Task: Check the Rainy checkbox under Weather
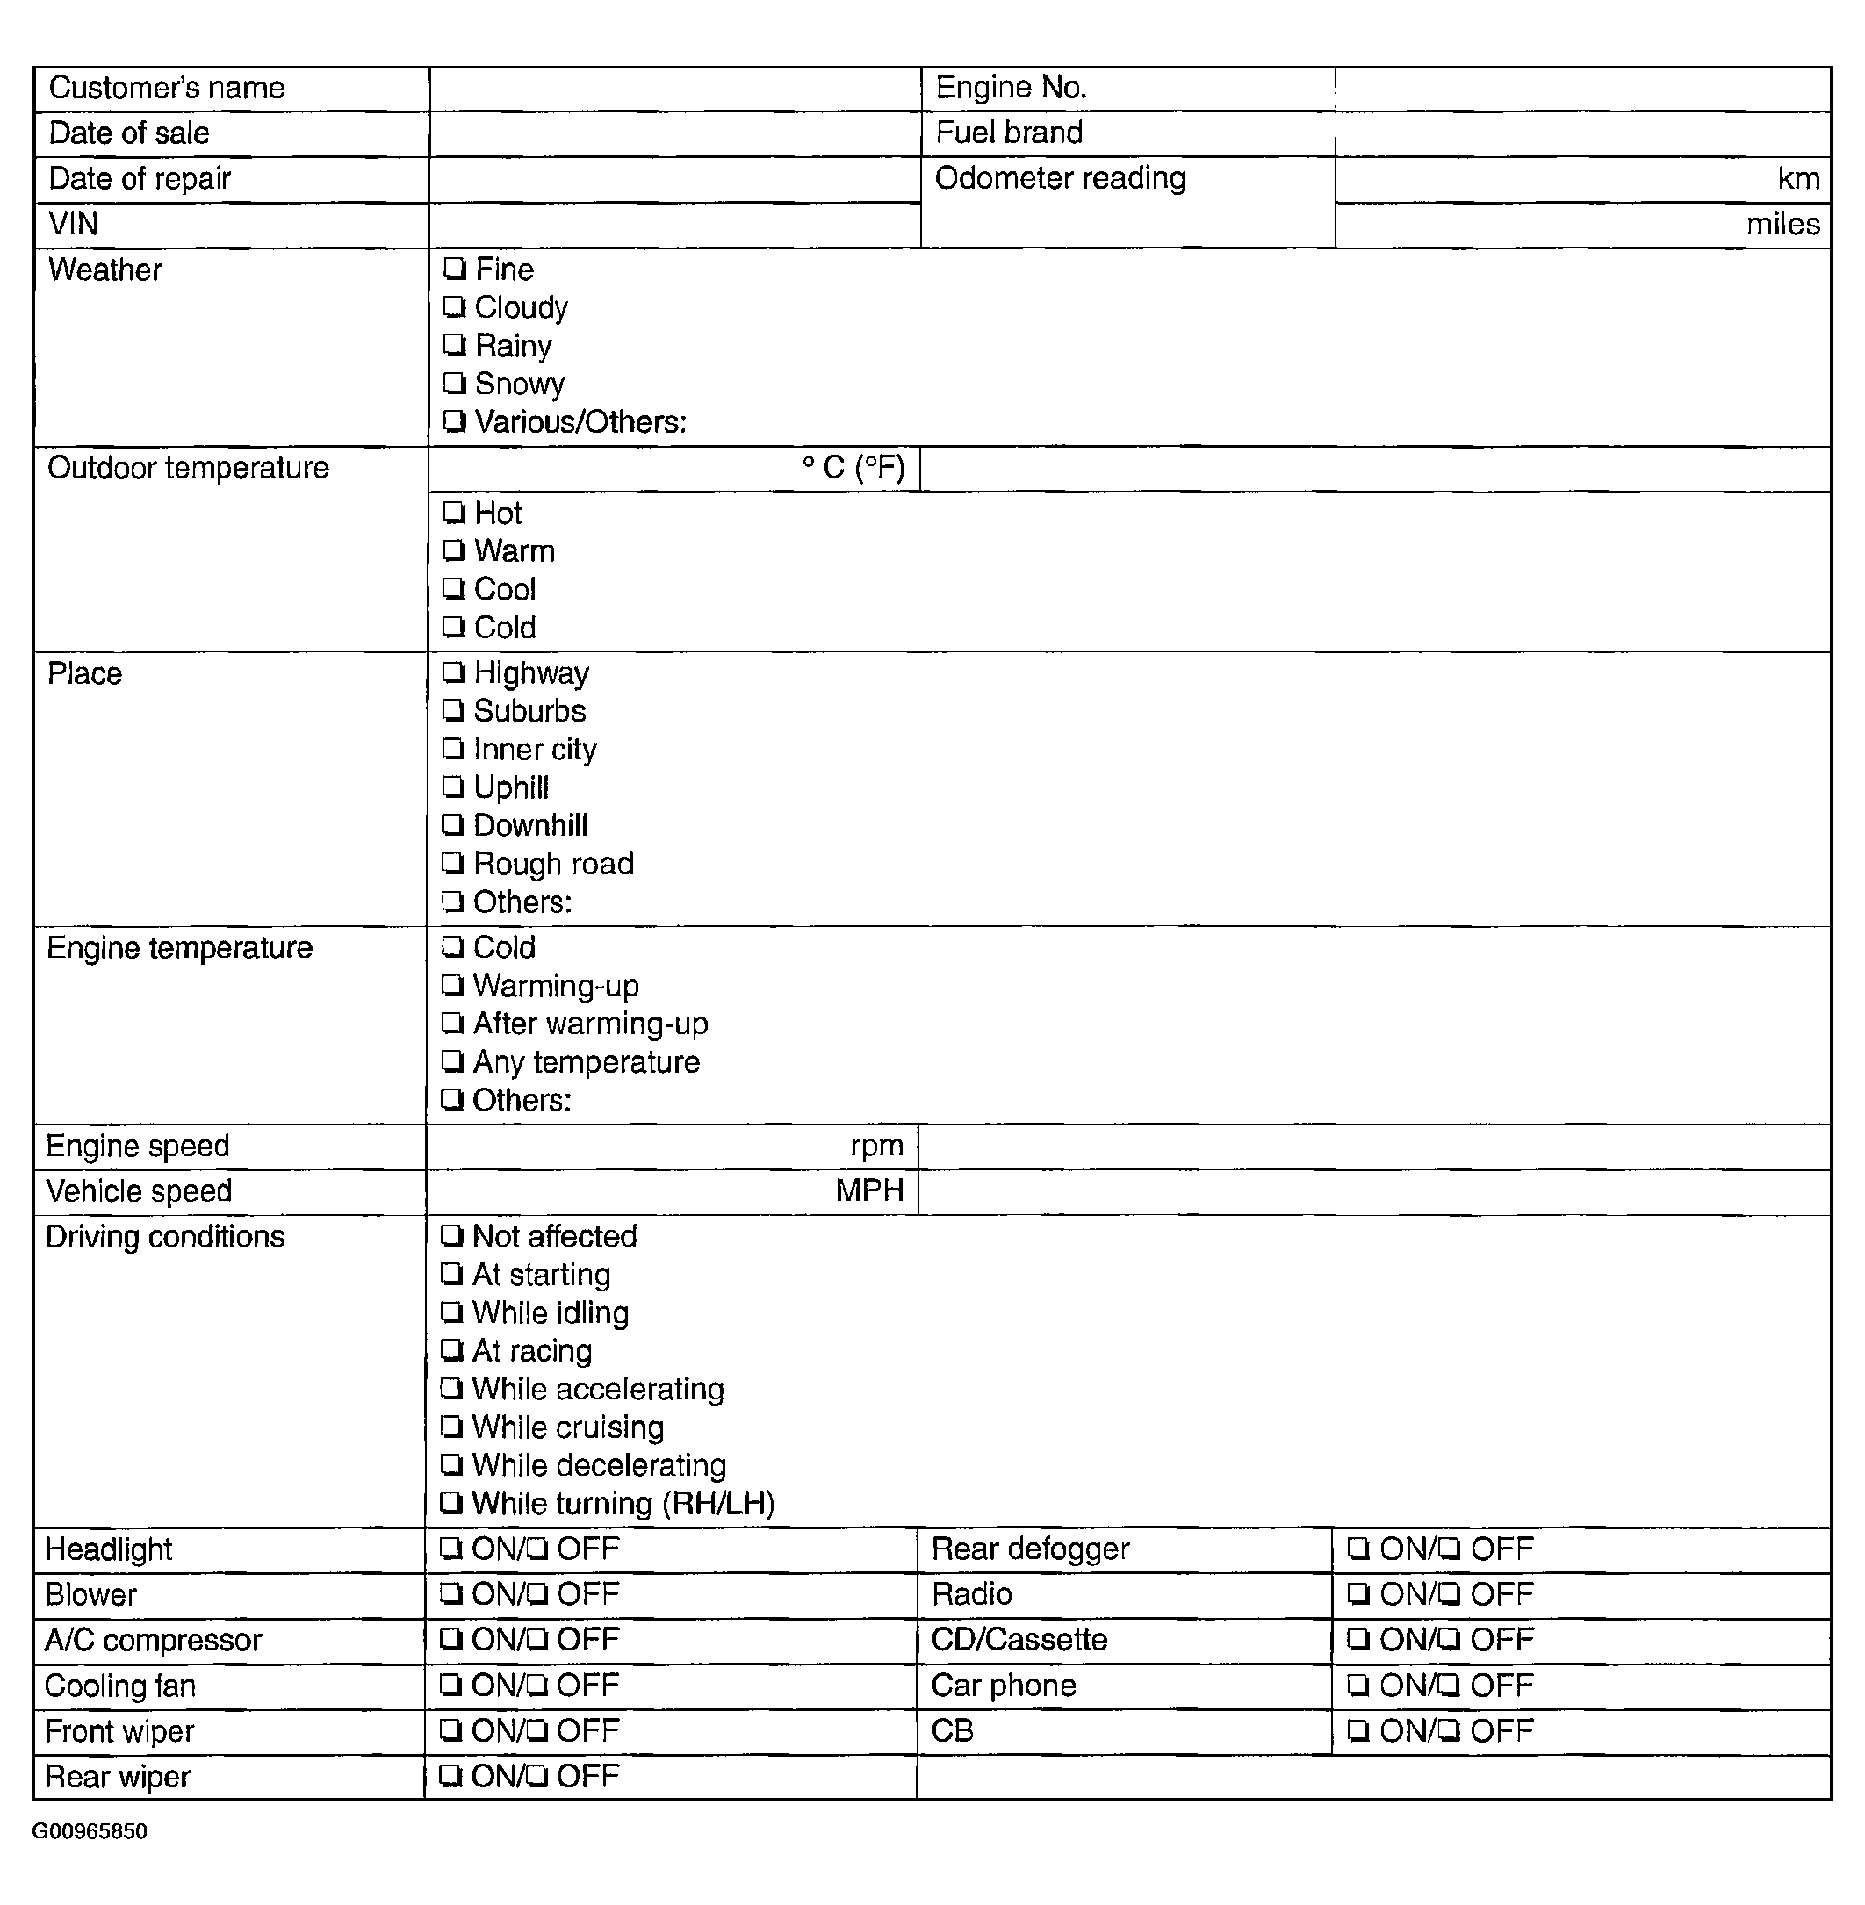point(453,346)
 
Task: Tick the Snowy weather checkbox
point(453,384)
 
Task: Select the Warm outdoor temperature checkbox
point(452,550)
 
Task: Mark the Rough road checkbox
point(451,863)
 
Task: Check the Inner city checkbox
point(451,749)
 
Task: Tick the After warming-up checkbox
point(451,1024)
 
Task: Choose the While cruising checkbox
point(450,1427)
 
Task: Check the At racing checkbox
point(450,1351)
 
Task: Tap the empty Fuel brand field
point(1582,134)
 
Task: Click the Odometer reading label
point(1060,178)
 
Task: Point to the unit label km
point(1798,179)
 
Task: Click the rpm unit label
point(876,1146)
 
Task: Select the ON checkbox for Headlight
point(450,1549)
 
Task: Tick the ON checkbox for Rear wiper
point(449,1776)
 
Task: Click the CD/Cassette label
point(1019,1640)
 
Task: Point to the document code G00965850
point(90,1831)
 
